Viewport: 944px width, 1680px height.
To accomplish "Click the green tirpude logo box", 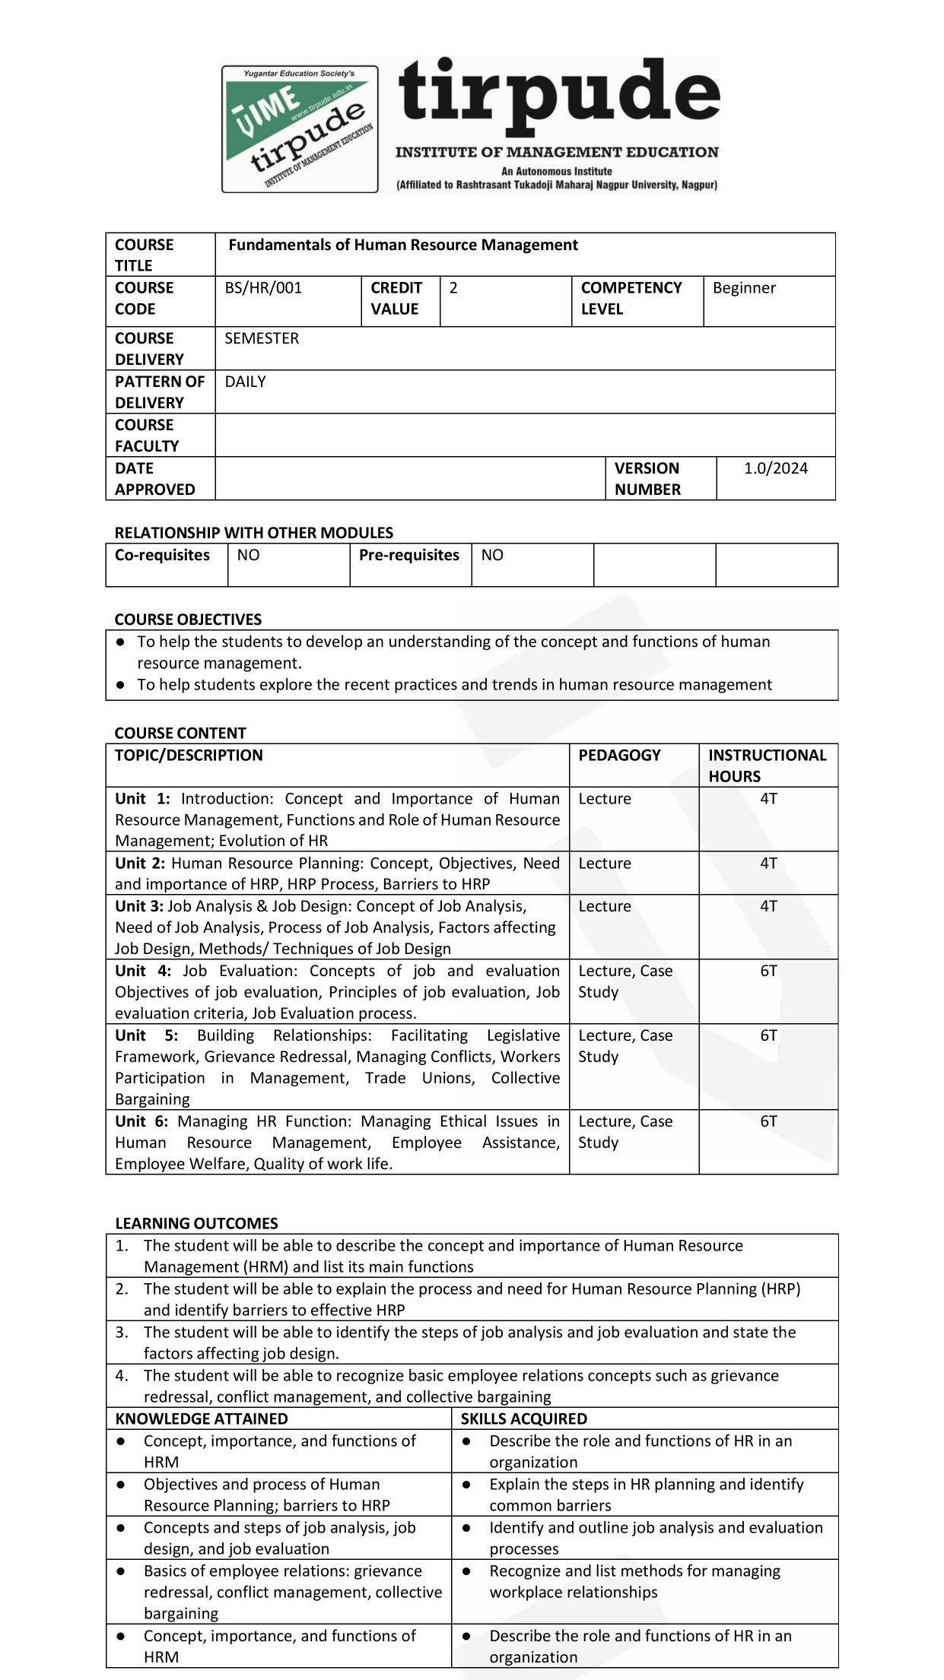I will click(300, 128).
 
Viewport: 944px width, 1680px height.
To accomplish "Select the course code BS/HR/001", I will click(263, 288).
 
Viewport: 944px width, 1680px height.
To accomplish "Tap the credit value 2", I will click(453, 288).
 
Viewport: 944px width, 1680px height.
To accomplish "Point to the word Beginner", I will click(744, 288).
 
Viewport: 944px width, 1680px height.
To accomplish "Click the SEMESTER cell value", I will click(262, 338).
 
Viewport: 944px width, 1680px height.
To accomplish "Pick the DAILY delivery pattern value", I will click(245, 382).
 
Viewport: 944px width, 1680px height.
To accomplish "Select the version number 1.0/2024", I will click(775, 468).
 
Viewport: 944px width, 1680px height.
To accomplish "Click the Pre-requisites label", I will click(408, 555).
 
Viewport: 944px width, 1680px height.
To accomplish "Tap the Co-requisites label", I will click(162, 555).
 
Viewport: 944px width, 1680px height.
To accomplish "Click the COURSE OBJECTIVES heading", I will click(188, 620).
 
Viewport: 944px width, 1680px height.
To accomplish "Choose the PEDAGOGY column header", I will click(619, 755).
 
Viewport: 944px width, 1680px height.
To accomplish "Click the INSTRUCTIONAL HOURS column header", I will click(767, 766).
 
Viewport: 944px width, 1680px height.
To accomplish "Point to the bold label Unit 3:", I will click(139, 906).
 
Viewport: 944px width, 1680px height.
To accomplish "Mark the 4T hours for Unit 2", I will click(768, 863).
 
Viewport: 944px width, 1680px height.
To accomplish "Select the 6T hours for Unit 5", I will click(768, 1035).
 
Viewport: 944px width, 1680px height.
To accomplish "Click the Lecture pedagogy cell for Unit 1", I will click(605, 798).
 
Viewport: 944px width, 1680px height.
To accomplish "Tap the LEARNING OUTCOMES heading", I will click(196, 1223).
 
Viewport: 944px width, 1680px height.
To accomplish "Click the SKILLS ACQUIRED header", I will click(523, 1418).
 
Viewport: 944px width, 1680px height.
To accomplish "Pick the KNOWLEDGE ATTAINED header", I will click(202, 1418).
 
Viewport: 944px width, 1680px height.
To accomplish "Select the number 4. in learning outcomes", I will click(122, 1375).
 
